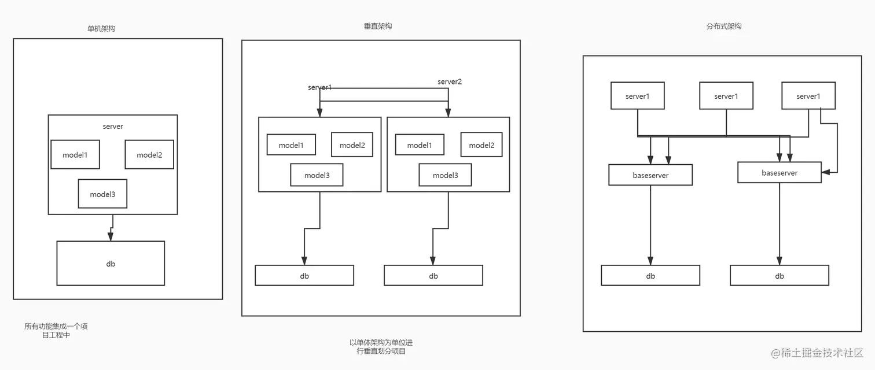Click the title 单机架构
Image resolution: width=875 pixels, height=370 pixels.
[101, 28]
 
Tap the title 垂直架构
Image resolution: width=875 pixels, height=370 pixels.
[378, 26]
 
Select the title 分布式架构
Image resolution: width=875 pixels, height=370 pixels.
[723, 26]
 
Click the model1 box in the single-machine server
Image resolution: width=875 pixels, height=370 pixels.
[75, 154]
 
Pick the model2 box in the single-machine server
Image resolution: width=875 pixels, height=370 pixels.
[149, 154]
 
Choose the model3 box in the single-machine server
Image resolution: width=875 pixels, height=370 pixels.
[102, 194]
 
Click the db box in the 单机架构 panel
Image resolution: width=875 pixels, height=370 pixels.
[111, 264]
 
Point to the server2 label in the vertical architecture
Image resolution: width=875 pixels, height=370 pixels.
[450, 82]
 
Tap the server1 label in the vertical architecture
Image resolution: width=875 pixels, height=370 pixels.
[320, 87]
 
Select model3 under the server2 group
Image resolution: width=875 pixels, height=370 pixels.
[445, 175]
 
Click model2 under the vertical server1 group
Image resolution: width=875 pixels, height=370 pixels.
[352, 145]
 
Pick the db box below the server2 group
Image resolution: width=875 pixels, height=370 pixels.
[433, 276]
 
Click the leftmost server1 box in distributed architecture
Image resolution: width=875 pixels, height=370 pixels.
[638, 96]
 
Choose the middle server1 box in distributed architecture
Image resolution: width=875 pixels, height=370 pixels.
[726, 96]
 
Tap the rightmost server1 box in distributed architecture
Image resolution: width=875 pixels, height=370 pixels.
[808, 96]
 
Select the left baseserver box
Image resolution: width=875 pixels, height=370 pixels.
[650, 175]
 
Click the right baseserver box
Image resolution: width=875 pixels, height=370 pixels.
[780, 173]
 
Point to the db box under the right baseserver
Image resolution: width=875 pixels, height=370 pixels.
[780, 276]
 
